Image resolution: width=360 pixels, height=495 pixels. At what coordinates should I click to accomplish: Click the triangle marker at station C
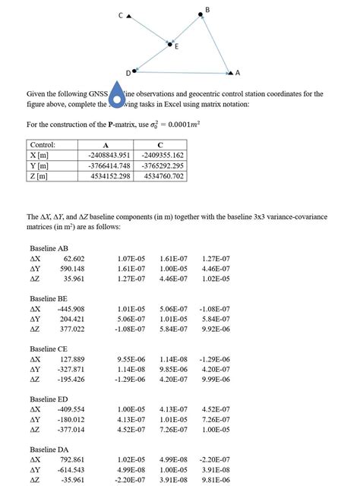pos(129,15)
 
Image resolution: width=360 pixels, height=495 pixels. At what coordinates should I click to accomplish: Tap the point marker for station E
pos(169,44)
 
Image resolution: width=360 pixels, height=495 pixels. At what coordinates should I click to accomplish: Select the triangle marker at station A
pos(229,73)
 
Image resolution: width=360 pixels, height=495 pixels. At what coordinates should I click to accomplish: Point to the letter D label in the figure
pos(127,72)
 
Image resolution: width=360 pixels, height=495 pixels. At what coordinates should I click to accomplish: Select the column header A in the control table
pos(105,145)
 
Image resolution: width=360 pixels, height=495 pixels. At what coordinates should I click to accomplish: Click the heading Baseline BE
pos(48,298)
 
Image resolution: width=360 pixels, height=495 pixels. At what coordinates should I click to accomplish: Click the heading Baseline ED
pos(48,399)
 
